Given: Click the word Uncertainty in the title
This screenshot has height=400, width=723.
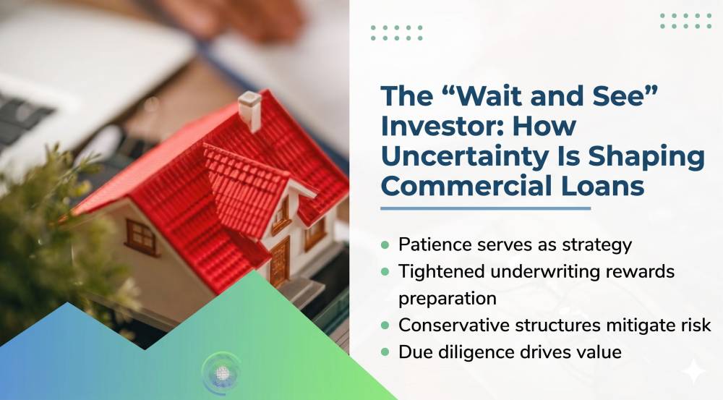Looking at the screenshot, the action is click(465, 158).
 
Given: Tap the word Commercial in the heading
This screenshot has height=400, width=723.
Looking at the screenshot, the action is click(466, 186).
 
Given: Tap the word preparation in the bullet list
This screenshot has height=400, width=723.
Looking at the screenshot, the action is click(448, 299).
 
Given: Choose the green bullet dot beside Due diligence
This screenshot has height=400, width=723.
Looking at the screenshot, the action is click(385, 352).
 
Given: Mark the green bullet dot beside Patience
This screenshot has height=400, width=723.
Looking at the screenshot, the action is click(385, 244).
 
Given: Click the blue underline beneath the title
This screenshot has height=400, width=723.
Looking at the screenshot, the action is click(486, 208).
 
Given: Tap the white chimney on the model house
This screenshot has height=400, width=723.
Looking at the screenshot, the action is click(250, 111).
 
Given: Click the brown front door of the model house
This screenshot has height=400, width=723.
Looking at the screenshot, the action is click(279, 262).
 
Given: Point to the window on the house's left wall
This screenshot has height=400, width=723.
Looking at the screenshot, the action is click(142, 237).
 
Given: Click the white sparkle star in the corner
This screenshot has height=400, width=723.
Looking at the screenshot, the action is click(693, 371).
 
